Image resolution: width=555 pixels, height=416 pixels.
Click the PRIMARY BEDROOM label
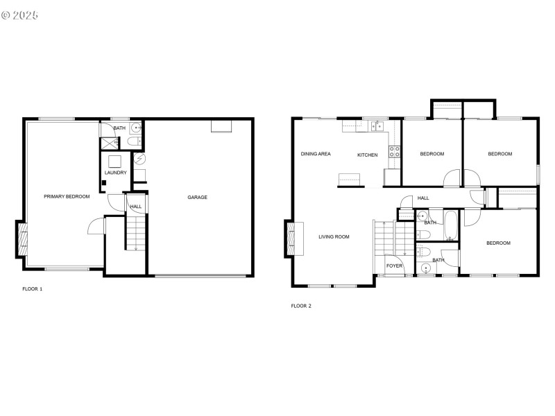click(x=67, y=197)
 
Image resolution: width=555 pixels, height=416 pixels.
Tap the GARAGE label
click(x=197, y=198)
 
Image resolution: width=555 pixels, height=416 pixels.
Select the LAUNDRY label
click(x=115, y=173)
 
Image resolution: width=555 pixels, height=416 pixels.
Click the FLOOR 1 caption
click(x=33, y=288)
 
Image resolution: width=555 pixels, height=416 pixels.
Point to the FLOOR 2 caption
click(x=301, y=306)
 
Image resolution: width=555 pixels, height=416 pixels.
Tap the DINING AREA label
click(x=315, y=154)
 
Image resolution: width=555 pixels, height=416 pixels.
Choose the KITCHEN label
click(x=367, y=155)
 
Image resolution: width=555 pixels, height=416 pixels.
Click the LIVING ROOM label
click(x=334, y=237)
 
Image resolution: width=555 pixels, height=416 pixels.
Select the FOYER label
click(x=394, y=266)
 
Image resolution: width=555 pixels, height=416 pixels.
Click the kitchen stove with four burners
click(x=394, y=152)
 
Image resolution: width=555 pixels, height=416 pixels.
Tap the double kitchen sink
click(x=378, y=125)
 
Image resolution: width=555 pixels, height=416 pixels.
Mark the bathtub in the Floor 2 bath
click(x=450, y=225)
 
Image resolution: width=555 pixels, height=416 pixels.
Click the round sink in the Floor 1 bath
click(x=136, y=128)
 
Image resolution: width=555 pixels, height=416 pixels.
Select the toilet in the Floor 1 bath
click(x=134, y=142)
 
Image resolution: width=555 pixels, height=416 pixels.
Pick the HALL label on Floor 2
click(x=423, y=198)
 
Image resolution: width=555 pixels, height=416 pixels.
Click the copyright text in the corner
click(x=20, y=14)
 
